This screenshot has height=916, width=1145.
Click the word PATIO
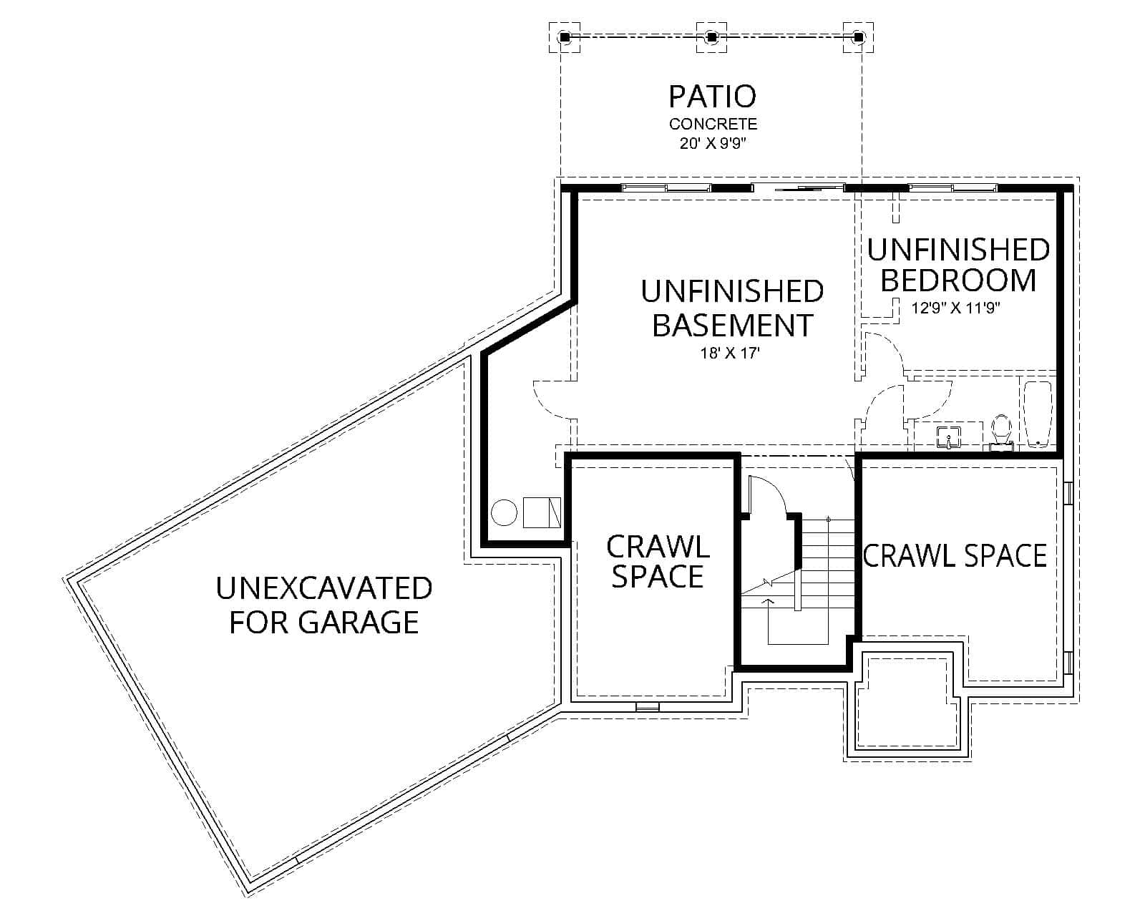[x=712, y=97]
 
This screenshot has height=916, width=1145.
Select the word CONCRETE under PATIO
[x=713, y=124]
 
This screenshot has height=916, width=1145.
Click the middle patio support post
[x=711, y=36]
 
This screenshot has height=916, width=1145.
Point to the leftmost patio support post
[x=564, y=36]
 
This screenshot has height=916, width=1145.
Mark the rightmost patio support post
[x=858, y=36]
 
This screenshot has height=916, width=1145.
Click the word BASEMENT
[x=733, y=325]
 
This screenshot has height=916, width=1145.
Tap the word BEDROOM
[x=958, y=280]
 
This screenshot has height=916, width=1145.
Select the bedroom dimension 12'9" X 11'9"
[x=955, y=309]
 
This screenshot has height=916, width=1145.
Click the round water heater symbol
[x=505, y=513]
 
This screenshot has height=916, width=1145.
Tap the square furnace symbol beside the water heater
[x=542, y=512]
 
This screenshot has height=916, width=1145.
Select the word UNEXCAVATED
[x=324, y=588]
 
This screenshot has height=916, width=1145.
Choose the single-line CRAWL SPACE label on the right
[x=955, y=556]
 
